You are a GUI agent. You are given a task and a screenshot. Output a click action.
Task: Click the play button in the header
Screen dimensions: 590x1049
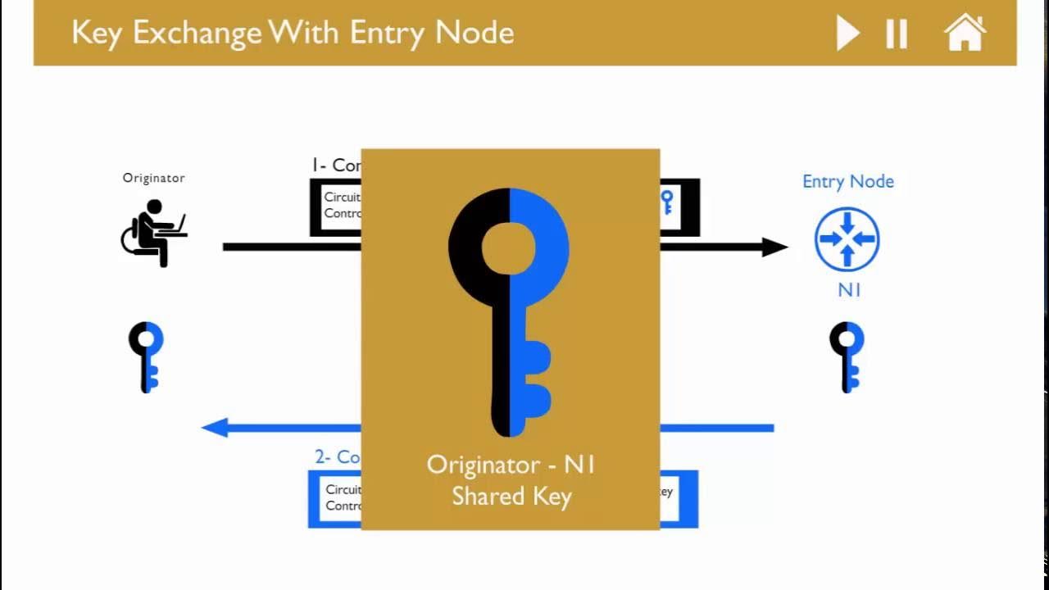pos(847,34)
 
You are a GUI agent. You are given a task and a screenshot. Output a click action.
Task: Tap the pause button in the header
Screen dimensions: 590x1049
pos(897,34)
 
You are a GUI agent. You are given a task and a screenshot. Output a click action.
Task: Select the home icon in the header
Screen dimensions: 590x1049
pos(965,33)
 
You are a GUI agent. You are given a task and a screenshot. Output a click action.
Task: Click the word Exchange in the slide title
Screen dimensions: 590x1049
pos(198,33)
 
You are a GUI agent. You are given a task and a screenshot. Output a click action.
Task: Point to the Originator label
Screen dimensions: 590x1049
pos(153,178)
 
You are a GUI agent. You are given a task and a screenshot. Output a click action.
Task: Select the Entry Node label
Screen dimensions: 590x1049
pos(847,182)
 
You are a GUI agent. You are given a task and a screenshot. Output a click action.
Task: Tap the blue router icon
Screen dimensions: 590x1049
pos(847,239)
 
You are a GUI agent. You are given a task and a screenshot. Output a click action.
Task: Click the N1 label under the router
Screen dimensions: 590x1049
pos(849,289)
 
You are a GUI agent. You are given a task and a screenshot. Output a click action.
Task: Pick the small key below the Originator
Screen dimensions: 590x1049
pos(147,356)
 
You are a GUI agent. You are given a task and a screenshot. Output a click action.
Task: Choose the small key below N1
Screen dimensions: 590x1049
pos(847,356)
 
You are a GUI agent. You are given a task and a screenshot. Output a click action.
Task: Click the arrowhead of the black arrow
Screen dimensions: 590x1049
pos(774,247)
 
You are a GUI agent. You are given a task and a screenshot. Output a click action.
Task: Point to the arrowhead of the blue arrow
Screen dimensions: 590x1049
pos(215,427)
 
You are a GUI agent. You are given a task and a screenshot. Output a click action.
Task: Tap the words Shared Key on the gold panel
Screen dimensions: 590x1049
pos(511,497)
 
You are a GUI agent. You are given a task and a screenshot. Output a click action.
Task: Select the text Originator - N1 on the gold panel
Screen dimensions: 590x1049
pos(511,465)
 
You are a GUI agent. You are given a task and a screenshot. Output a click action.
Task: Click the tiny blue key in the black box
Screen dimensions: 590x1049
pos(667,202)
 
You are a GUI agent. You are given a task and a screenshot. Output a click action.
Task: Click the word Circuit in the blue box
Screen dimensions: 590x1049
pos(343,490)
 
